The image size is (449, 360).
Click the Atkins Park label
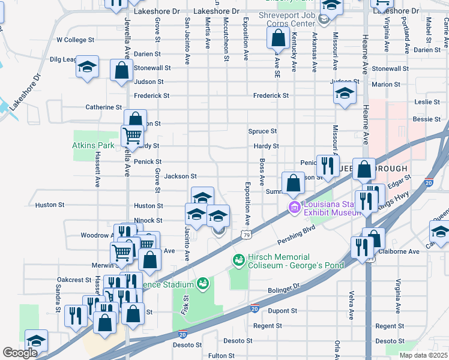tap(93, 145)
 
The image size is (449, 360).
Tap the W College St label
tap(76, 40)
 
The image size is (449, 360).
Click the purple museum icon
tap(294, 208)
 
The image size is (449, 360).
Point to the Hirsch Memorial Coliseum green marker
tap(238, 259)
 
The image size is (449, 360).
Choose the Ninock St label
tap(148, 221)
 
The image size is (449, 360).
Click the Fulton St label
tap(221, 356)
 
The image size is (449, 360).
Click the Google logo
tap(20, 353)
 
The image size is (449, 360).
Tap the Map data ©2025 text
tap(423, 355)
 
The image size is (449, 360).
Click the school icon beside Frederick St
tap(345, 93)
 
